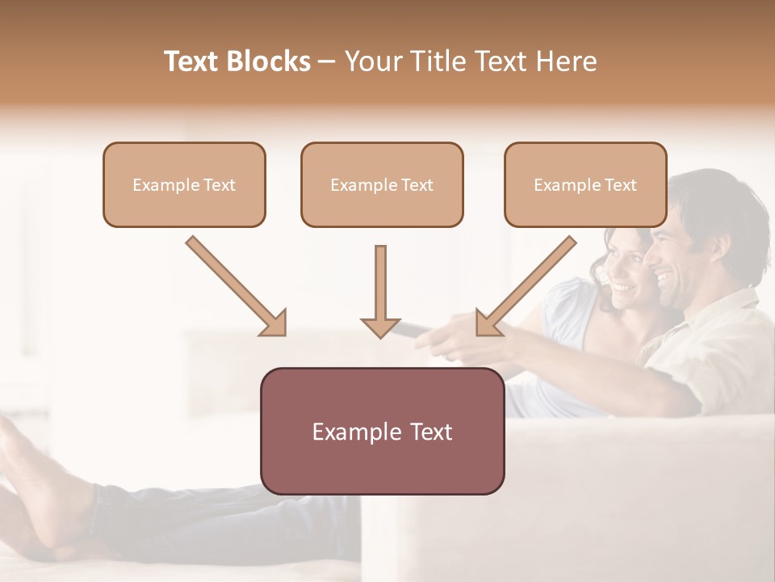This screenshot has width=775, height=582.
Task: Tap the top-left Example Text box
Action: pos(184,185)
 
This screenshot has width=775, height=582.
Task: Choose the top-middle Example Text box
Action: pos(382,185)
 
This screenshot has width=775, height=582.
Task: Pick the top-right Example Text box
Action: pos(585,185)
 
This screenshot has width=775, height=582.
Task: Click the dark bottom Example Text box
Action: pos(382,431)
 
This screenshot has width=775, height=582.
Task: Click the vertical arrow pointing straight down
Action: pos(380,291)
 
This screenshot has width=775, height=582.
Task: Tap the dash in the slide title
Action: pos(327,61)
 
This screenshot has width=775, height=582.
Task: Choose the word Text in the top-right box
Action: pos(620,185)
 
